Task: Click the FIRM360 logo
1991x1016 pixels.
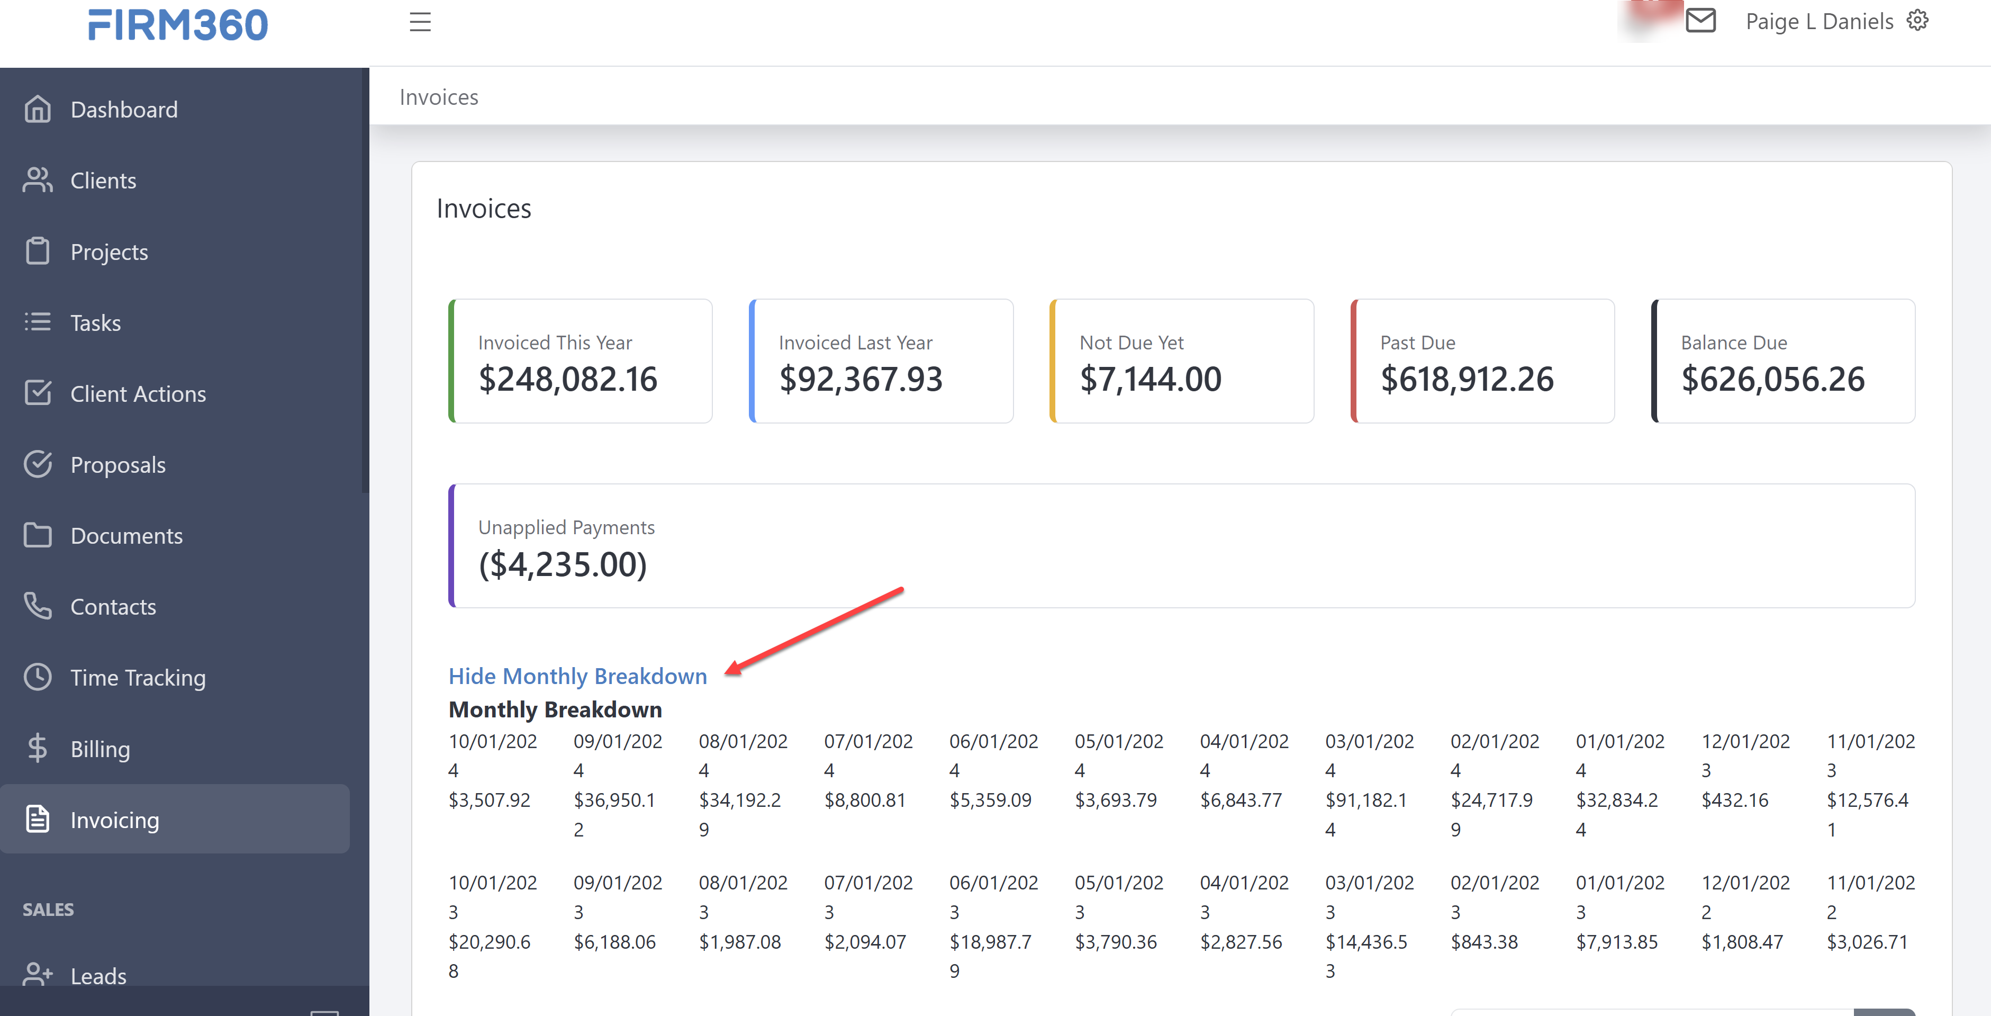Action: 178,25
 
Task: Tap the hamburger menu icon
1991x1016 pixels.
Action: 420,22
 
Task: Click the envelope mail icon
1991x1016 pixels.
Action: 1700,21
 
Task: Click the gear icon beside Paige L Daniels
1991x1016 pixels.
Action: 1917,20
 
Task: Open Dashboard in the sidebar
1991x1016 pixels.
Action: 124,110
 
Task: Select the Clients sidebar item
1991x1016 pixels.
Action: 103,181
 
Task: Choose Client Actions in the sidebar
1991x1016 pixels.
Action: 138,394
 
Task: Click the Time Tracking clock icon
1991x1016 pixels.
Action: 37,677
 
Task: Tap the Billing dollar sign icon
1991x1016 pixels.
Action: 37,749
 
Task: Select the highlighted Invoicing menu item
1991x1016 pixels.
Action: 114,820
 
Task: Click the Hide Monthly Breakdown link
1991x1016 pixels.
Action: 577,677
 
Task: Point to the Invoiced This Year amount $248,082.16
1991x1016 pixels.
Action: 568,379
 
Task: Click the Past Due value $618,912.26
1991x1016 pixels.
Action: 1466,379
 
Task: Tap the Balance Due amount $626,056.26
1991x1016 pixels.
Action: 1772,379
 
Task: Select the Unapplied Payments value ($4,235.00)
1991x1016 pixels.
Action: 563,564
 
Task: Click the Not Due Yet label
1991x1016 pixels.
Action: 1131,343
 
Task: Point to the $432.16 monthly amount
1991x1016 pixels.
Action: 1734,801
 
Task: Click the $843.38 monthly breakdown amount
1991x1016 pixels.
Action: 1484,942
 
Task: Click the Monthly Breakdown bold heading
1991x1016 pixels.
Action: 555,710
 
